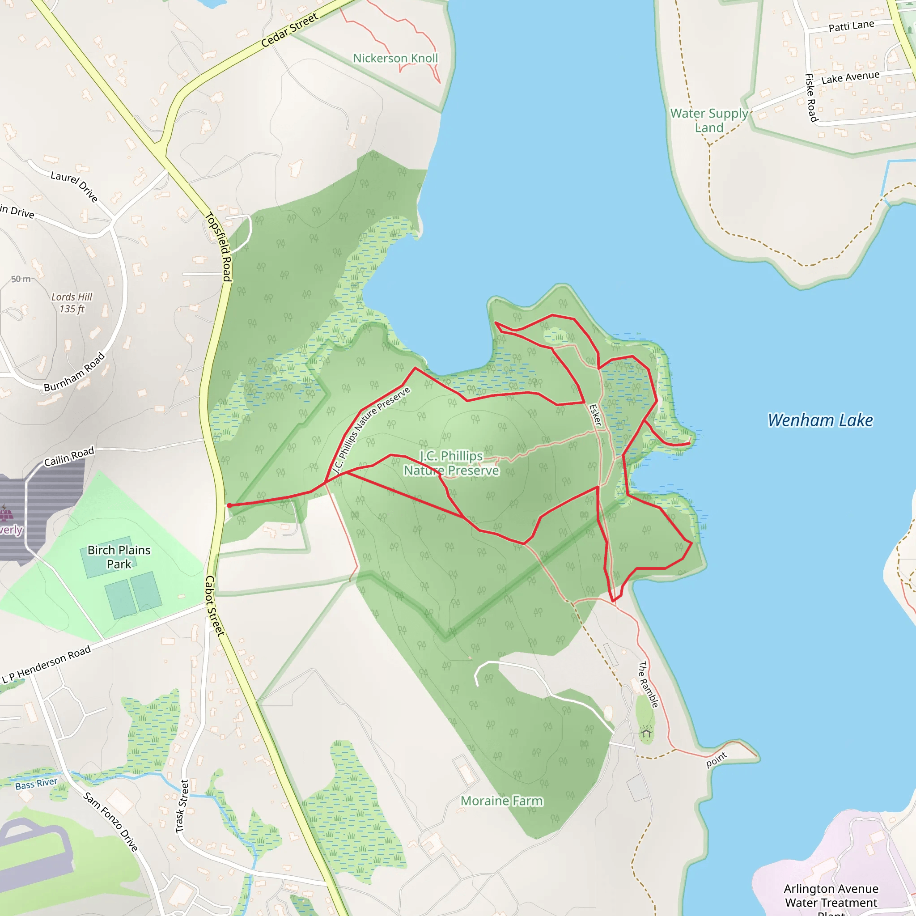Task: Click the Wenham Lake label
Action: point(820,420)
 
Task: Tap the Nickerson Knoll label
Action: point(395,58)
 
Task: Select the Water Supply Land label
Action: point(709,120)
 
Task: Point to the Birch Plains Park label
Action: point(119,557)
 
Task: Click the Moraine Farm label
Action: point(502,801)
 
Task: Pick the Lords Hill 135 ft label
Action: point(72,303)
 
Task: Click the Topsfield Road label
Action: point(219,246)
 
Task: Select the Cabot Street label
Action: point(214,606)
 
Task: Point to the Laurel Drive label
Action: point(74,187)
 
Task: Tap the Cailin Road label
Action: point(69,457)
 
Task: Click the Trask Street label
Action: point(182,806)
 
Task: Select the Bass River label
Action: point(36,784)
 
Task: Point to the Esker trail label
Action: point(595,415)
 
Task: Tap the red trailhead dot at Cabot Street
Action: point(229,505)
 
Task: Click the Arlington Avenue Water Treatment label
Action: point(831,895)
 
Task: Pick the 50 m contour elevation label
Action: point(21,279)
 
